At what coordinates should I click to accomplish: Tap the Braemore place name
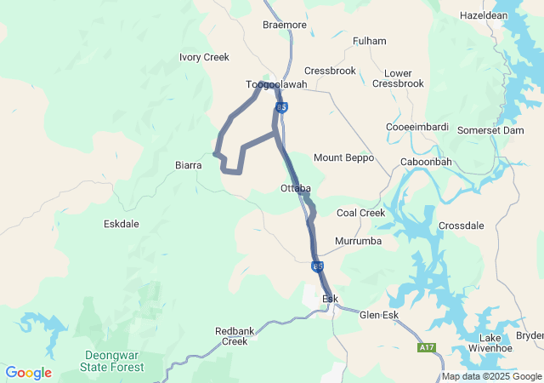[284, 26]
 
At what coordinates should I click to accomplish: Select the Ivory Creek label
[204, 57]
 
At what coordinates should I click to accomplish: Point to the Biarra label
[188, 165]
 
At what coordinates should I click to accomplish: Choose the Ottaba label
[295, 188]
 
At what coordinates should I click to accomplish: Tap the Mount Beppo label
[343, 157]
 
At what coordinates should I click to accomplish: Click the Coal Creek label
[360, 213]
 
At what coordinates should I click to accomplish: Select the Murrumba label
[358, 242]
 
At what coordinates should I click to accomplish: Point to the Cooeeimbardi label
[416, 127]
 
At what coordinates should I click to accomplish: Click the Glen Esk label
[379, 315]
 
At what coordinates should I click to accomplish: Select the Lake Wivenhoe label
[484, 343]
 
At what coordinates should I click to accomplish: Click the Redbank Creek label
[231, 335]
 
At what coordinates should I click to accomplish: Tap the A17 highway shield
[427, 347]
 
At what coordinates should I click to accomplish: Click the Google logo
[29, 373]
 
